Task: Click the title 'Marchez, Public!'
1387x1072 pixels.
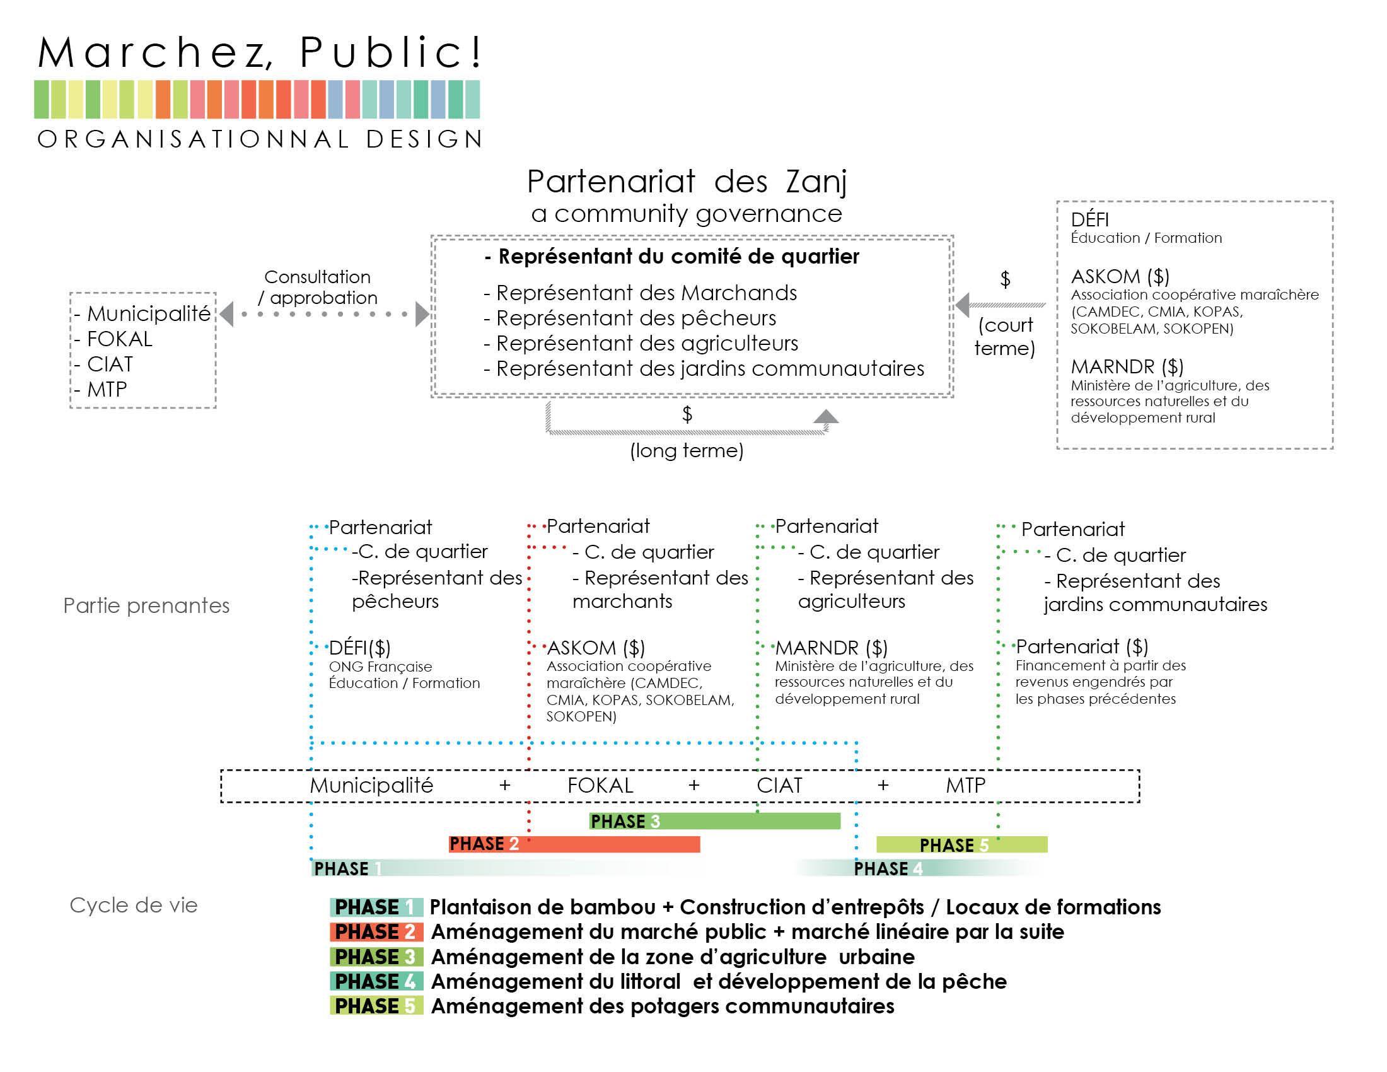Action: [260, 52]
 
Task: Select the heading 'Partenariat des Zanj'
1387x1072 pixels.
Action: [687, 182]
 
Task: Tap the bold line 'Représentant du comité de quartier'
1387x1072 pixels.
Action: [671, 257]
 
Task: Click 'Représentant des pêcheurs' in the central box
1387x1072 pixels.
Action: [629, 318]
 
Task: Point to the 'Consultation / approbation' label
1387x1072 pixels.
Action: [318, 287]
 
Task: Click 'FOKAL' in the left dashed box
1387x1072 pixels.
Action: [113, 339]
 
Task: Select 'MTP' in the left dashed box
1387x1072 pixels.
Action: [100, 389]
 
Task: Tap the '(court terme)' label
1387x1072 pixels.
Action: [1005, 337]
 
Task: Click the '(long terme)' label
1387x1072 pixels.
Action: [687, 451]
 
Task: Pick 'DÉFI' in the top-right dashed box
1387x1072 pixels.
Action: [1090, 219]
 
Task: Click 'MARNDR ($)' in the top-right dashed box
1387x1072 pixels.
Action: [1127, 367]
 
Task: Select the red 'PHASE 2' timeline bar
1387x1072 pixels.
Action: [574, 844]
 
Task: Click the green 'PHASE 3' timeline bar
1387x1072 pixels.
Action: [714, 821]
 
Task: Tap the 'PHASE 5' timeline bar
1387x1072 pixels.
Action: [961, 844]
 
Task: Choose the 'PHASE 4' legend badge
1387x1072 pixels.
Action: [376, 982]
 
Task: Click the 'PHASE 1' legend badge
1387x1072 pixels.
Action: [376, 907]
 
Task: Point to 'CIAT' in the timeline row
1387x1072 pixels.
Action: [779, 786]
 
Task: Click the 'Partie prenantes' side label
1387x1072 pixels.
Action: [146, 606]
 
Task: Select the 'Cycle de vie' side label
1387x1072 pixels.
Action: [134, 905]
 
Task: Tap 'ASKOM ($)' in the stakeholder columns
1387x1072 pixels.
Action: [596, 648]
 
